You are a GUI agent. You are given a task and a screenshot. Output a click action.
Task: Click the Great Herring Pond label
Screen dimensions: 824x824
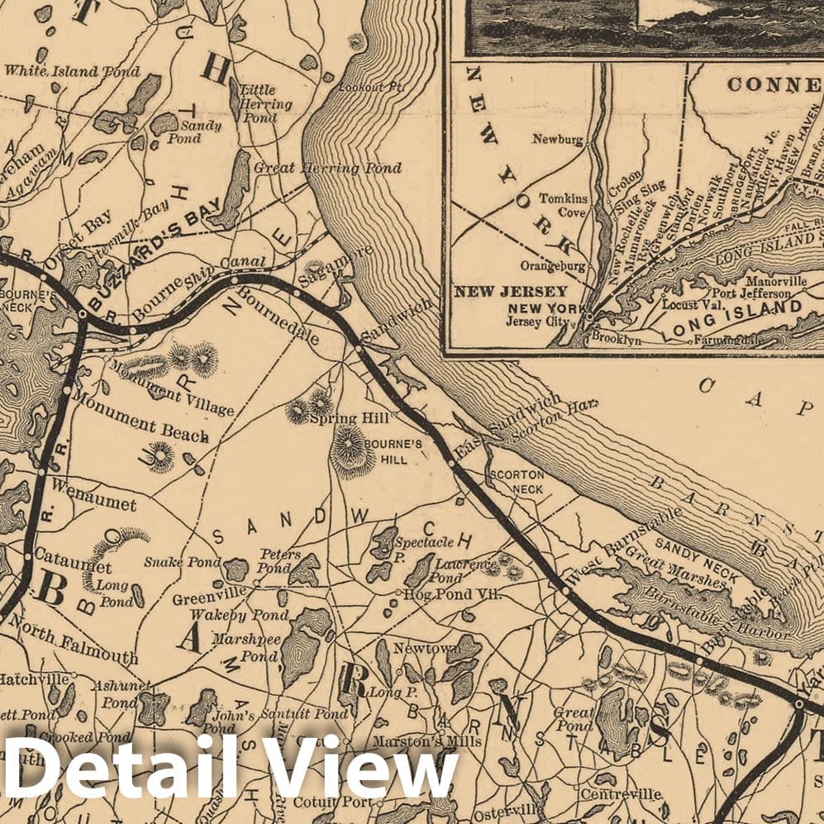328,169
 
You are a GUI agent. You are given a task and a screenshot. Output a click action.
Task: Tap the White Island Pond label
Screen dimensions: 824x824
72,72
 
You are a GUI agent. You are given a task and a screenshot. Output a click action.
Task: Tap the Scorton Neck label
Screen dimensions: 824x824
517,482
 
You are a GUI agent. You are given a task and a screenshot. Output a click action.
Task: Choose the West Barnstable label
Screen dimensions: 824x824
619,545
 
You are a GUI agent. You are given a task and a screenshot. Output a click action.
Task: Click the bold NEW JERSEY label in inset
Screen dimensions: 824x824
511,292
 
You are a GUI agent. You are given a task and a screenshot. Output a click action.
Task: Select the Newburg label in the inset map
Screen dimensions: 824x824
558,140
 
